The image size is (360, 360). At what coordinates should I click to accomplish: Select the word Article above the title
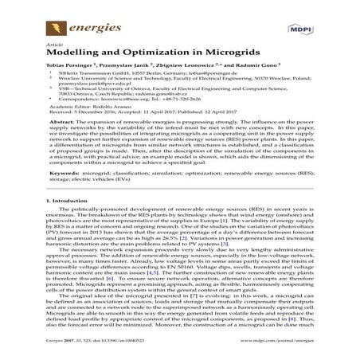coord(55,46)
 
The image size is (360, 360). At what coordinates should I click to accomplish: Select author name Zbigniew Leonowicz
coord(191,74)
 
